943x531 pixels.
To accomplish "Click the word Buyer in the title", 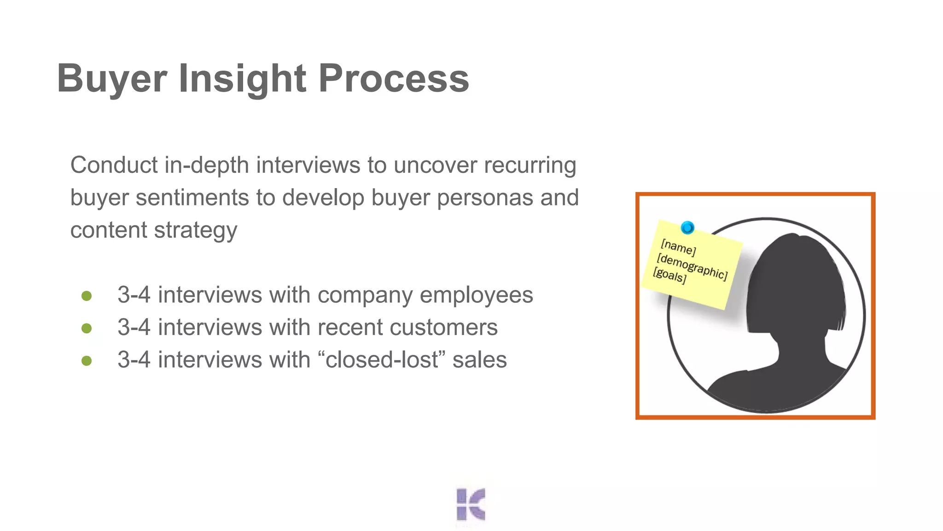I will coord(111,78).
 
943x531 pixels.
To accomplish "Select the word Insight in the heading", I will coord(242,78).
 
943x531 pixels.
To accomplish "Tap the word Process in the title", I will coord(394,78).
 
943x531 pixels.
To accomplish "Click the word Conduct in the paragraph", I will coord(114,165).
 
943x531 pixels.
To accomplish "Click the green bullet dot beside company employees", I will coord(87,295).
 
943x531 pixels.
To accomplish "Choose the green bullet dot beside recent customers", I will coord(87,328).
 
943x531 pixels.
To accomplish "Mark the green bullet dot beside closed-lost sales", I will coord(87,360).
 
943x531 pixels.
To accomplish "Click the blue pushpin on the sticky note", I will coord(687,228).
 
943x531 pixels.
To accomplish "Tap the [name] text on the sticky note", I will coord(678,248).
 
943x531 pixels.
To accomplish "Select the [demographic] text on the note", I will coord(692,266).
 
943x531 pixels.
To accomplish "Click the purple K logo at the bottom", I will coord(471,504).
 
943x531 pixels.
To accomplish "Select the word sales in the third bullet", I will coord(479,360).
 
